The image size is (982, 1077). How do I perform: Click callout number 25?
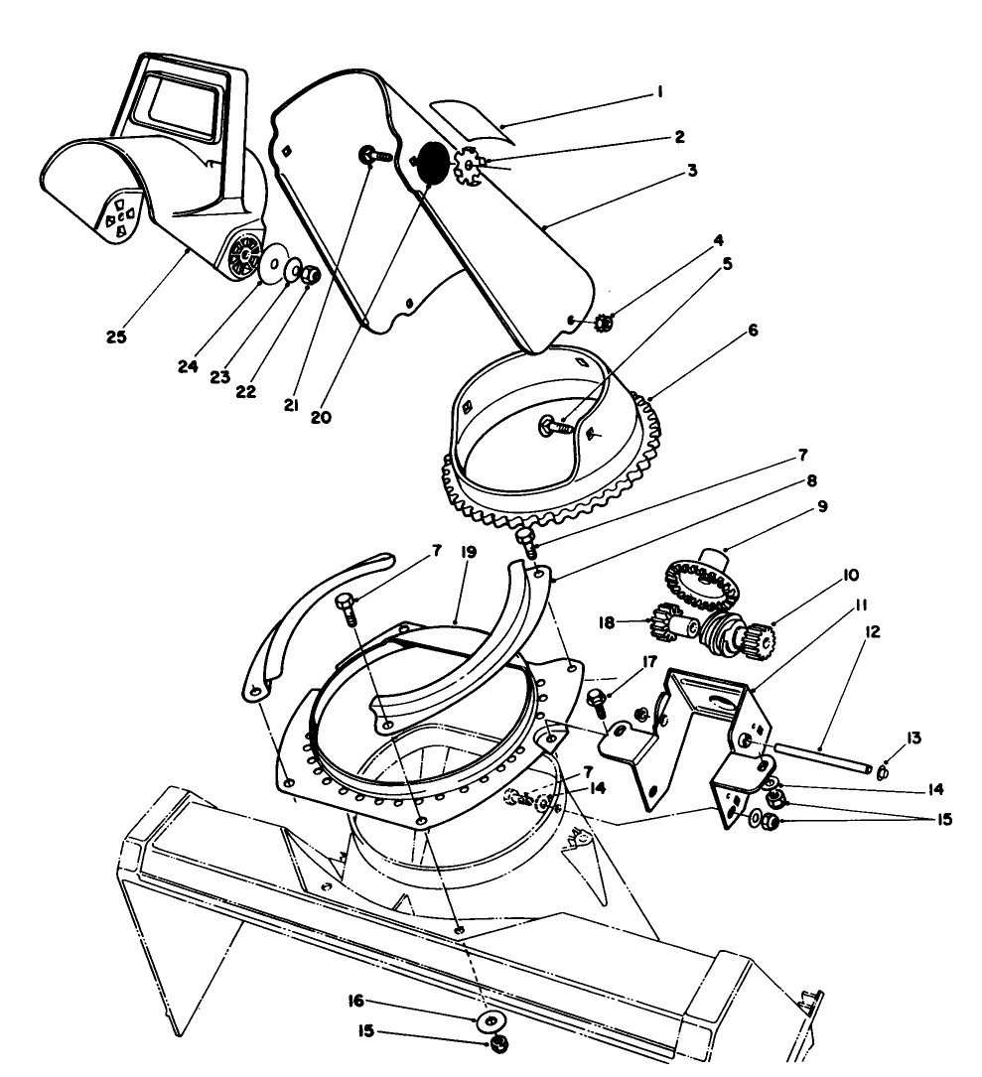click(117, 337)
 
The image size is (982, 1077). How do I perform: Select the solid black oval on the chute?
click(432, 162)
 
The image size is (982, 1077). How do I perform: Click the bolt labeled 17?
click(599, 700)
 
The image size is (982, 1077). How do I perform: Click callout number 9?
click(823, 507)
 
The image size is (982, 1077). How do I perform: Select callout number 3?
click(692, 170)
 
